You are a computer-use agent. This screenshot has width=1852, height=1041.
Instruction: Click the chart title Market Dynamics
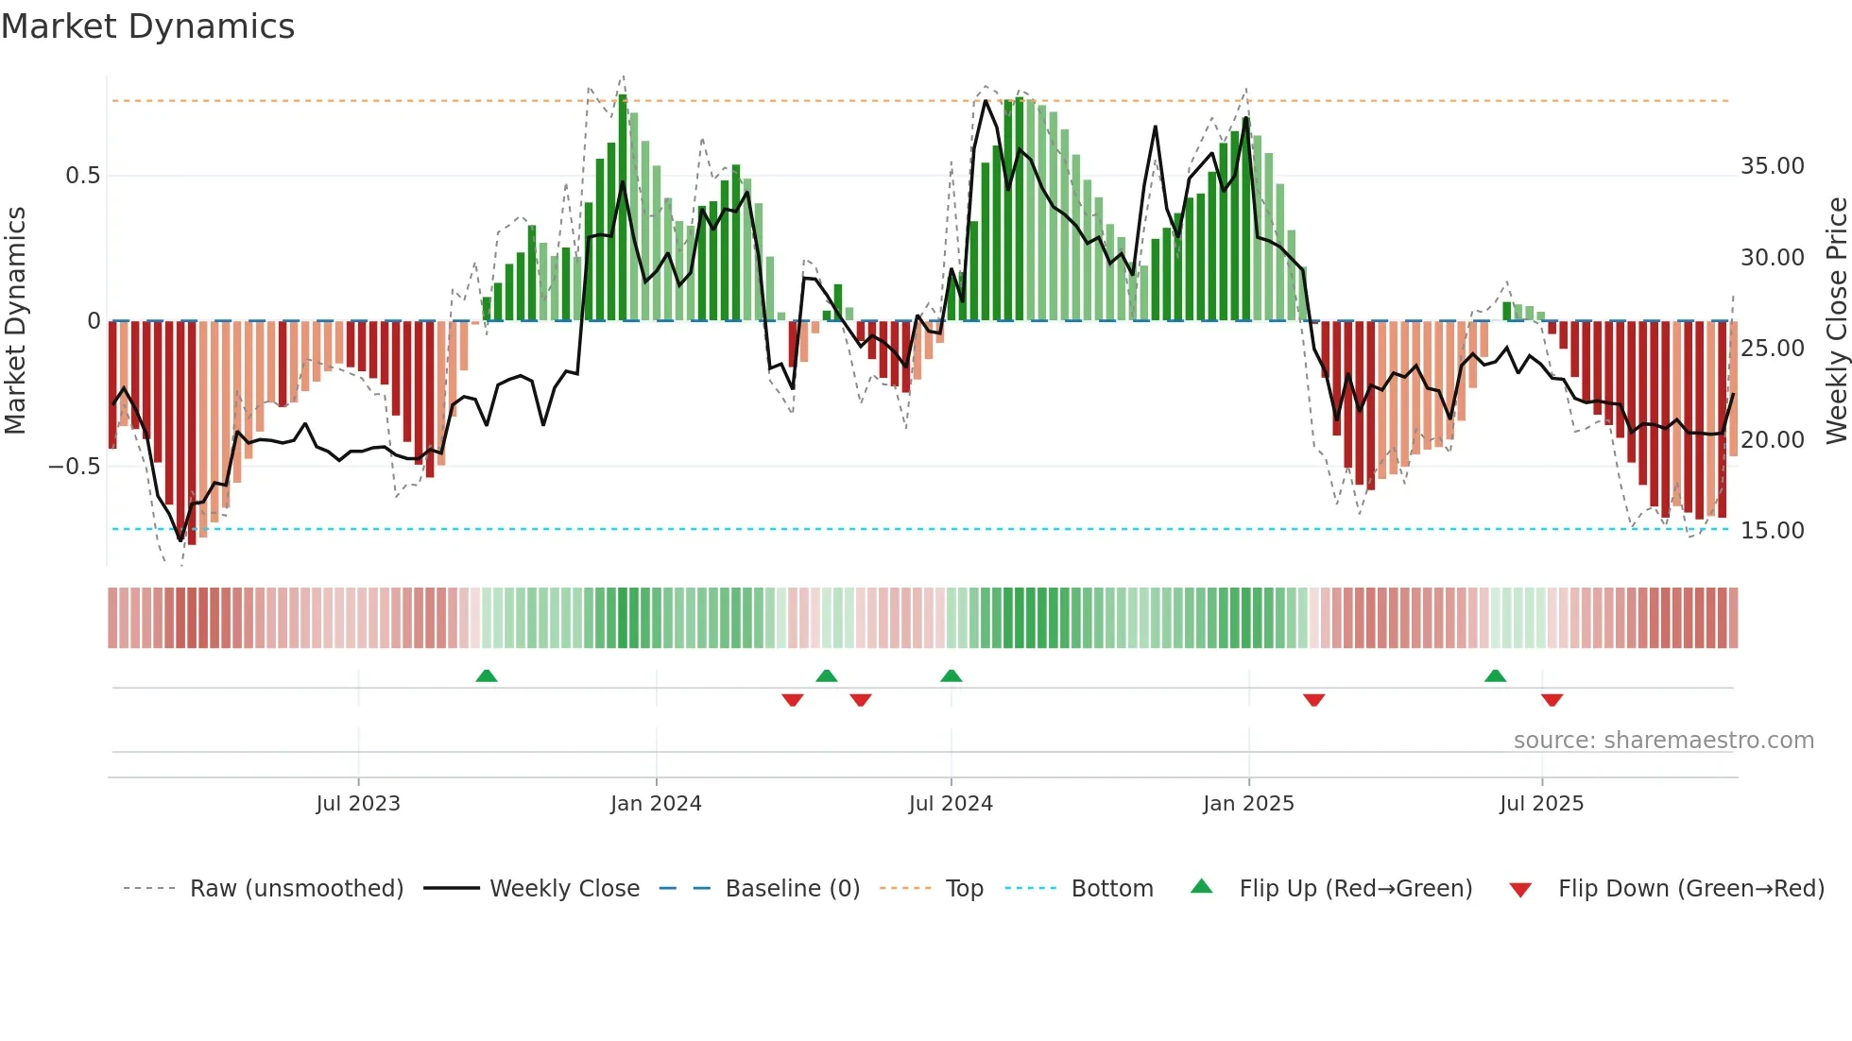[147, 26]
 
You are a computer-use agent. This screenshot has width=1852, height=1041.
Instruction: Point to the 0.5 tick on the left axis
[82, 176]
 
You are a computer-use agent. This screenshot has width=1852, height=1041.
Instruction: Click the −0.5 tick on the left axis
[75, 467]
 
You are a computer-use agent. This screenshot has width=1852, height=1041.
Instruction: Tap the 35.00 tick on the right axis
[1772, 166]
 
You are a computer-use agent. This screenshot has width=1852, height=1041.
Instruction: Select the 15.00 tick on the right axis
[1772, 531]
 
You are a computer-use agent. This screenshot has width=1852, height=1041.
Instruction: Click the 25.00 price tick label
[1772, 349]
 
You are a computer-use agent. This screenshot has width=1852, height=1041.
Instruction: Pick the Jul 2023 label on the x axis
[358, 804]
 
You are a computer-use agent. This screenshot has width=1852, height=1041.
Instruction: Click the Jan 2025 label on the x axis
[1248, 804]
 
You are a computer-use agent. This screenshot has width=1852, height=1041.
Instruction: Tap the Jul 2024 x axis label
[951, 804]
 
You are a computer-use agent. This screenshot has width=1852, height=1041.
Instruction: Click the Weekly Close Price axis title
[1836, 321]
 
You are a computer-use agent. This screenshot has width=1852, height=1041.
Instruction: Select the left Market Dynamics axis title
[15, 321]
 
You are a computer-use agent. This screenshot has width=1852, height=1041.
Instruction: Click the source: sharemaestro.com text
[1663, 741]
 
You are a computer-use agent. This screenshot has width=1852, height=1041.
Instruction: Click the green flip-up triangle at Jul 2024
[952, 676]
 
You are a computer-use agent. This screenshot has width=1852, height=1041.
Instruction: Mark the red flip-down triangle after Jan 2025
[1313, 700]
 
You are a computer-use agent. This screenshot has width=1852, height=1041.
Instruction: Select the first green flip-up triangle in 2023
[487, 676]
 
